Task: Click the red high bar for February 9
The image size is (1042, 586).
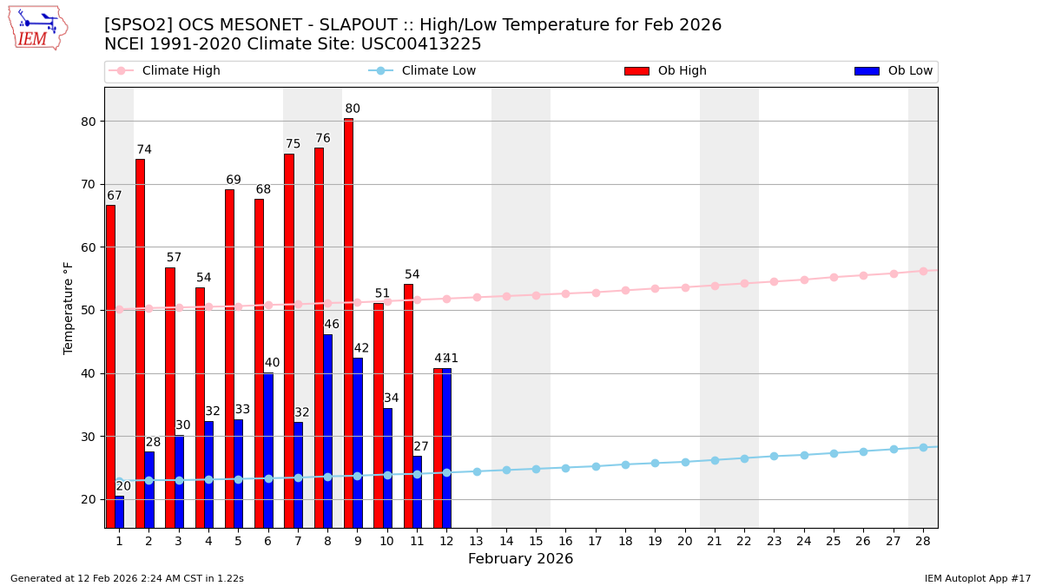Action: pyautogui.click(x=348, y=323)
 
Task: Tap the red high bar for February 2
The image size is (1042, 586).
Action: pyautogui.click(x=140, y=343)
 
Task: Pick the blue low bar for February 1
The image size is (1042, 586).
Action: pyautogui.click(x=119, y=512)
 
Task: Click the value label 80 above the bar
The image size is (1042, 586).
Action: pyautogui.click(x=353, y=109)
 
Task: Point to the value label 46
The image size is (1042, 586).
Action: pyautogui.click(x=332, y=325)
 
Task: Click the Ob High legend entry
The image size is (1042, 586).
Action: pyautogui.click(x=665, y=71)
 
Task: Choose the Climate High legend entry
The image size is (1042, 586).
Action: pyautogui.click(x=165, y=71)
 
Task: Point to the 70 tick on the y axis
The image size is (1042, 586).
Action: pyautogui.click(x=89, y=184)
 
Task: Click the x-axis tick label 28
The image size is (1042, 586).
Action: pyautogui.click(x=923, y=541)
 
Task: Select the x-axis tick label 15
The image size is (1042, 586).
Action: pyautogui.click(x=536, y=541)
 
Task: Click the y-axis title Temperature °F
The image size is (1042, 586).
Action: pyautogui.click(x=69, y=307)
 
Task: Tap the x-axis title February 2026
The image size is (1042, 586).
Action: pyautogui.click(x=520, y=559)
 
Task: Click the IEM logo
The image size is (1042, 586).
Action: pyautogui.click(x=37, y=28)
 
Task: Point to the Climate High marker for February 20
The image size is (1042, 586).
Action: pyautogui.click(x=685, y=287)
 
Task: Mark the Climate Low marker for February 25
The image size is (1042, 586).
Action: pyautogui.click(x=834, y=453)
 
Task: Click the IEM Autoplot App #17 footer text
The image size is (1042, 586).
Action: pyautogui.click(x=977, y=578)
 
